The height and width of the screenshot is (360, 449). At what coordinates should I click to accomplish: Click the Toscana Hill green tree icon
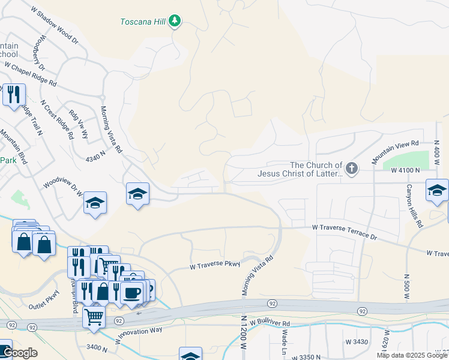(175, 22)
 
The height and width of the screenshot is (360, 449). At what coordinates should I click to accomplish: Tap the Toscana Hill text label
(143, 22)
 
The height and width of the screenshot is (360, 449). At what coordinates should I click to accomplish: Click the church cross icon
(351, 169)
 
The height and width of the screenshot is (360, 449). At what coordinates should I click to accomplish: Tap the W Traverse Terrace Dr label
(344, 233)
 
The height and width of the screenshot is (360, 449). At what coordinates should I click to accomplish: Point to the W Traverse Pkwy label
(215, 264)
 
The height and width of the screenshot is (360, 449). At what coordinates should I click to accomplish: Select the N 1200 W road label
(244, 333)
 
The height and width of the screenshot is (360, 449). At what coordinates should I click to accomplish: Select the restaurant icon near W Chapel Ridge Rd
(13, 95)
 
